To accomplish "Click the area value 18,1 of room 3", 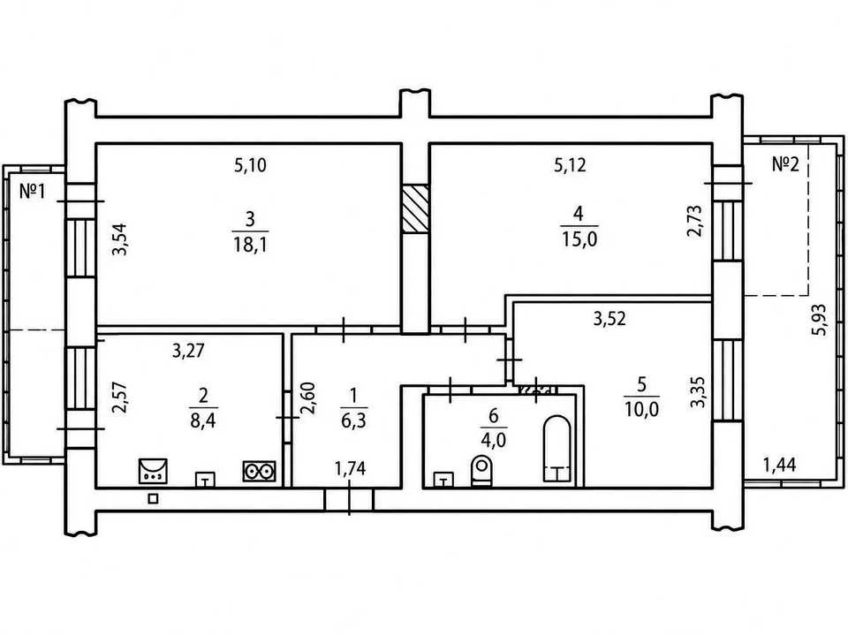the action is coord(251,244).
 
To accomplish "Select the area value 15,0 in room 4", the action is coord(579,238).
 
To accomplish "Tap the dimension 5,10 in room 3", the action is coord(250,165).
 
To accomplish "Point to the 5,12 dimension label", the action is coord(570,165).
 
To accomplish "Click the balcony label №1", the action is coord(33,191).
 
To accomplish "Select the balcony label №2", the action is coord(785,164).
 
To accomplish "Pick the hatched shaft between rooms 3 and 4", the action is coord(415,208).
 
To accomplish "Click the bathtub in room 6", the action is coord(556,448).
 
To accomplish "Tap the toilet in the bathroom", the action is coord(482,470).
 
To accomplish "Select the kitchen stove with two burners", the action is coord(259,472).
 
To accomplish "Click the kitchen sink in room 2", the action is coord(153,471).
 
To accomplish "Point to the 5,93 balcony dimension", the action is coord(821,320).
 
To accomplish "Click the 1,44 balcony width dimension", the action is coord(779,465).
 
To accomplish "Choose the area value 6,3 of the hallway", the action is coord(353,420).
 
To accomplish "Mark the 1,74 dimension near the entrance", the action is coord(351,468).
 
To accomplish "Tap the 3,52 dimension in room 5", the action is coord(609,319).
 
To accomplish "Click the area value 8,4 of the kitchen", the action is coord(203,420).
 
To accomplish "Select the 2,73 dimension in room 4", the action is coord(694,221).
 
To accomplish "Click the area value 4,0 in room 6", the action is coord(493,440).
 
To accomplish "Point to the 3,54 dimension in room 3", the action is coord(119,239).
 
